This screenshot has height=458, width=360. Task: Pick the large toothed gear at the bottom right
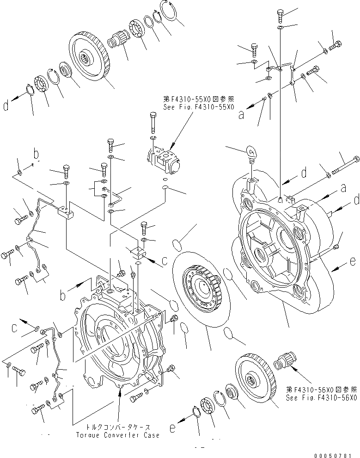point(255,379)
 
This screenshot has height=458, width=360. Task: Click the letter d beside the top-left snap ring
point(6,106)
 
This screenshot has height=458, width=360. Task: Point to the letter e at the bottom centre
point(172,428)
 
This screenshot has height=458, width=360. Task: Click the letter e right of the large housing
point(353,262)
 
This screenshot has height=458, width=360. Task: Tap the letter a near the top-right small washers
point(240,116)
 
